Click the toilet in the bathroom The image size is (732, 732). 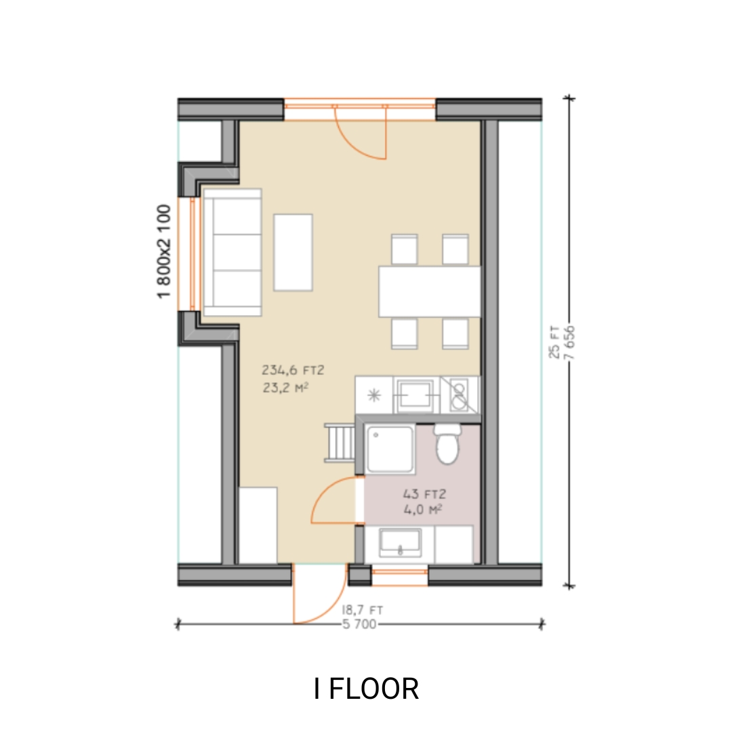(446, 445)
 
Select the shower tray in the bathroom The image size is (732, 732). (389, 449)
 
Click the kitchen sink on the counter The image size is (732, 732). (416, 392)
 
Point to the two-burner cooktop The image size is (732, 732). (460, 394)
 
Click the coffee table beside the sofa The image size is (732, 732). (293, 252)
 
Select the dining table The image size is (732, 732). (429, 291)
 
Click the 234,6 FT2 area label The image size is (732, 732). (293, 370)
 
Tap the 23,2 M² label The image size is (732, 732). (285, 388)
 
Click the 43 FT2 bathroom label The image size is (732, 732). (421, 494)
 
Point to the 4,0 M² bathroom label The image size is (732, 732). (422, 510)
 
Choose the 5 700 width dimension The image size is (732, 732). (359, 625)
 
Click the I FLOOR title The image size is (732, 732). (366, 689)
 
